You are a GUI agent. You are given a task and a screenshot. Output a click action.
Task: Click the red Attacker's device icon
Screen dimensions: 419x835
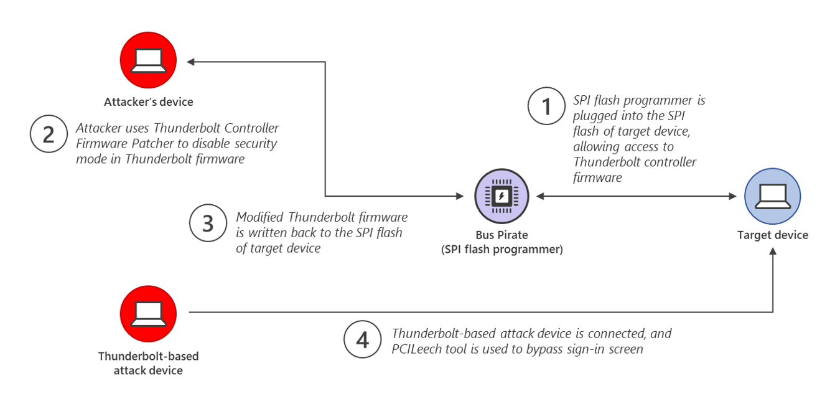coord(148,60)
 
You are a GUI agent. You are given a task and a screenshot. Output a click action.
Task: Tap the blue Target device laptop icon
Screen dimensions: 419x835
coord(772,195)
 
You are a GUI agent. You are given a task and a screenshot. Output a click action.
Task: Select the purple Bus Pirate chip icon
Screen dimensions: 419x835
coord(501,196)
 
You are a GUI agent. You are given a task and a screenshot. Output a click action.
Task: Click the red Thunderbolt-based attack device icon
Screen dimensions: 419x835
coord(148,314)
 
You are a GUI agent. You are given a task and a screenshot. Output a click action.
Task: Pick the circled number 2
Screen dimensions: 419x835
coord(49,135)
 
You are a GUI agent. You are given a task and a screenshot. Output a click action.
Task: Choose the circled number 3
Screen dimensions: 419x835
coord(208,224)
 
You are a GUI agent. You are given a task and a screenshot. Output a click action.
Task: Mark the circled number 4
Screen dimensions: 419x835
coord(362,340)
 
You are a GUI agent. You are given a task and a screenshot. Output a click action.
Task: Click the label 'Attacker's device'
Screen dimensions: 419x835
coord(149,102)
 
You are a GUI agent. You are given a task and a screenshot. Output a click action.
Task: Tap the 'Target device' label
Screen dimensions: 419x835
coord(772,235)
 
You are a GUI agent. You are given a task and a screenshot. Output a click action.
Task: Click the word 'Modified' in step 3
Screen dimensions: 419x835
coord(260,217)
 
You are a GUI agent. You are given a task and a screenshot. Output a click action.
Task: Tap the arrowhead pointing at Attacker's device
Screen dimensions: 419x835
coord(191,62)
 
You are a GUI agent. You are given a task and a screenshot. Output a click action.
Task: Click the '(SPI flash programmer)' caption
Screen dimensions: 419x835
coord(501,250)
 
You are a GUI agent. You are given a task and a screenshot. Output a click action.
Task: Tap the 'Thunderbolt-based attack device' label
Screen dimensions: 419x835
coord(148,364)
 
